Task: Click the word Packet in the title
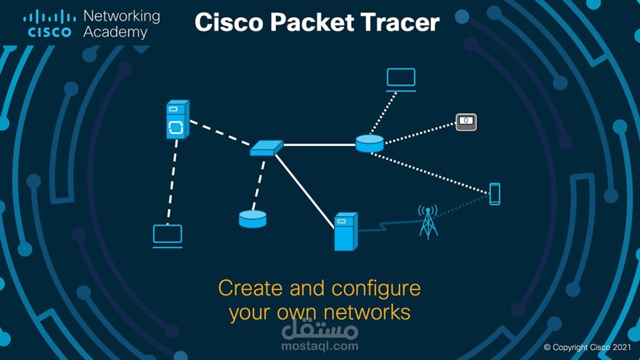(312, 23)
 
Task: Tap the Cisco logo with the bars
(49, 23)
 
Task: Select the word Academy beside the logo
(115, 32)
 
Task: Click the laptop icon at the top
(401, 79)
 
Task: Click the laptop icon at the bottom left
(167, 235)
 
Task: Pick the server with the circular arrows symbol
(178, 119)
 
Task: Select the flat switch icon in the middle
(266, 148)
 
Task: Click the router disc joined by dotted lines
(369, 143)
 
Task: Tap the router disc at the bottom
(253, 219)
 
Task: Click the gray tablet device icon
(466, 122)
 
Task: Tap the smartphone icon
(495, 194)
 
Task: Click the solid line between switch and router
(319, 145)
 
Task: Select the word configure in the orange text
(376, 289)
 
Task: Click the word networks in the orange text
(367, 313)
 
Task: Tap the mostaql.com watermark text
(320, 346)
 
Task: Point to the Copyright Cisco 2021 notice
(587, 347)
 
